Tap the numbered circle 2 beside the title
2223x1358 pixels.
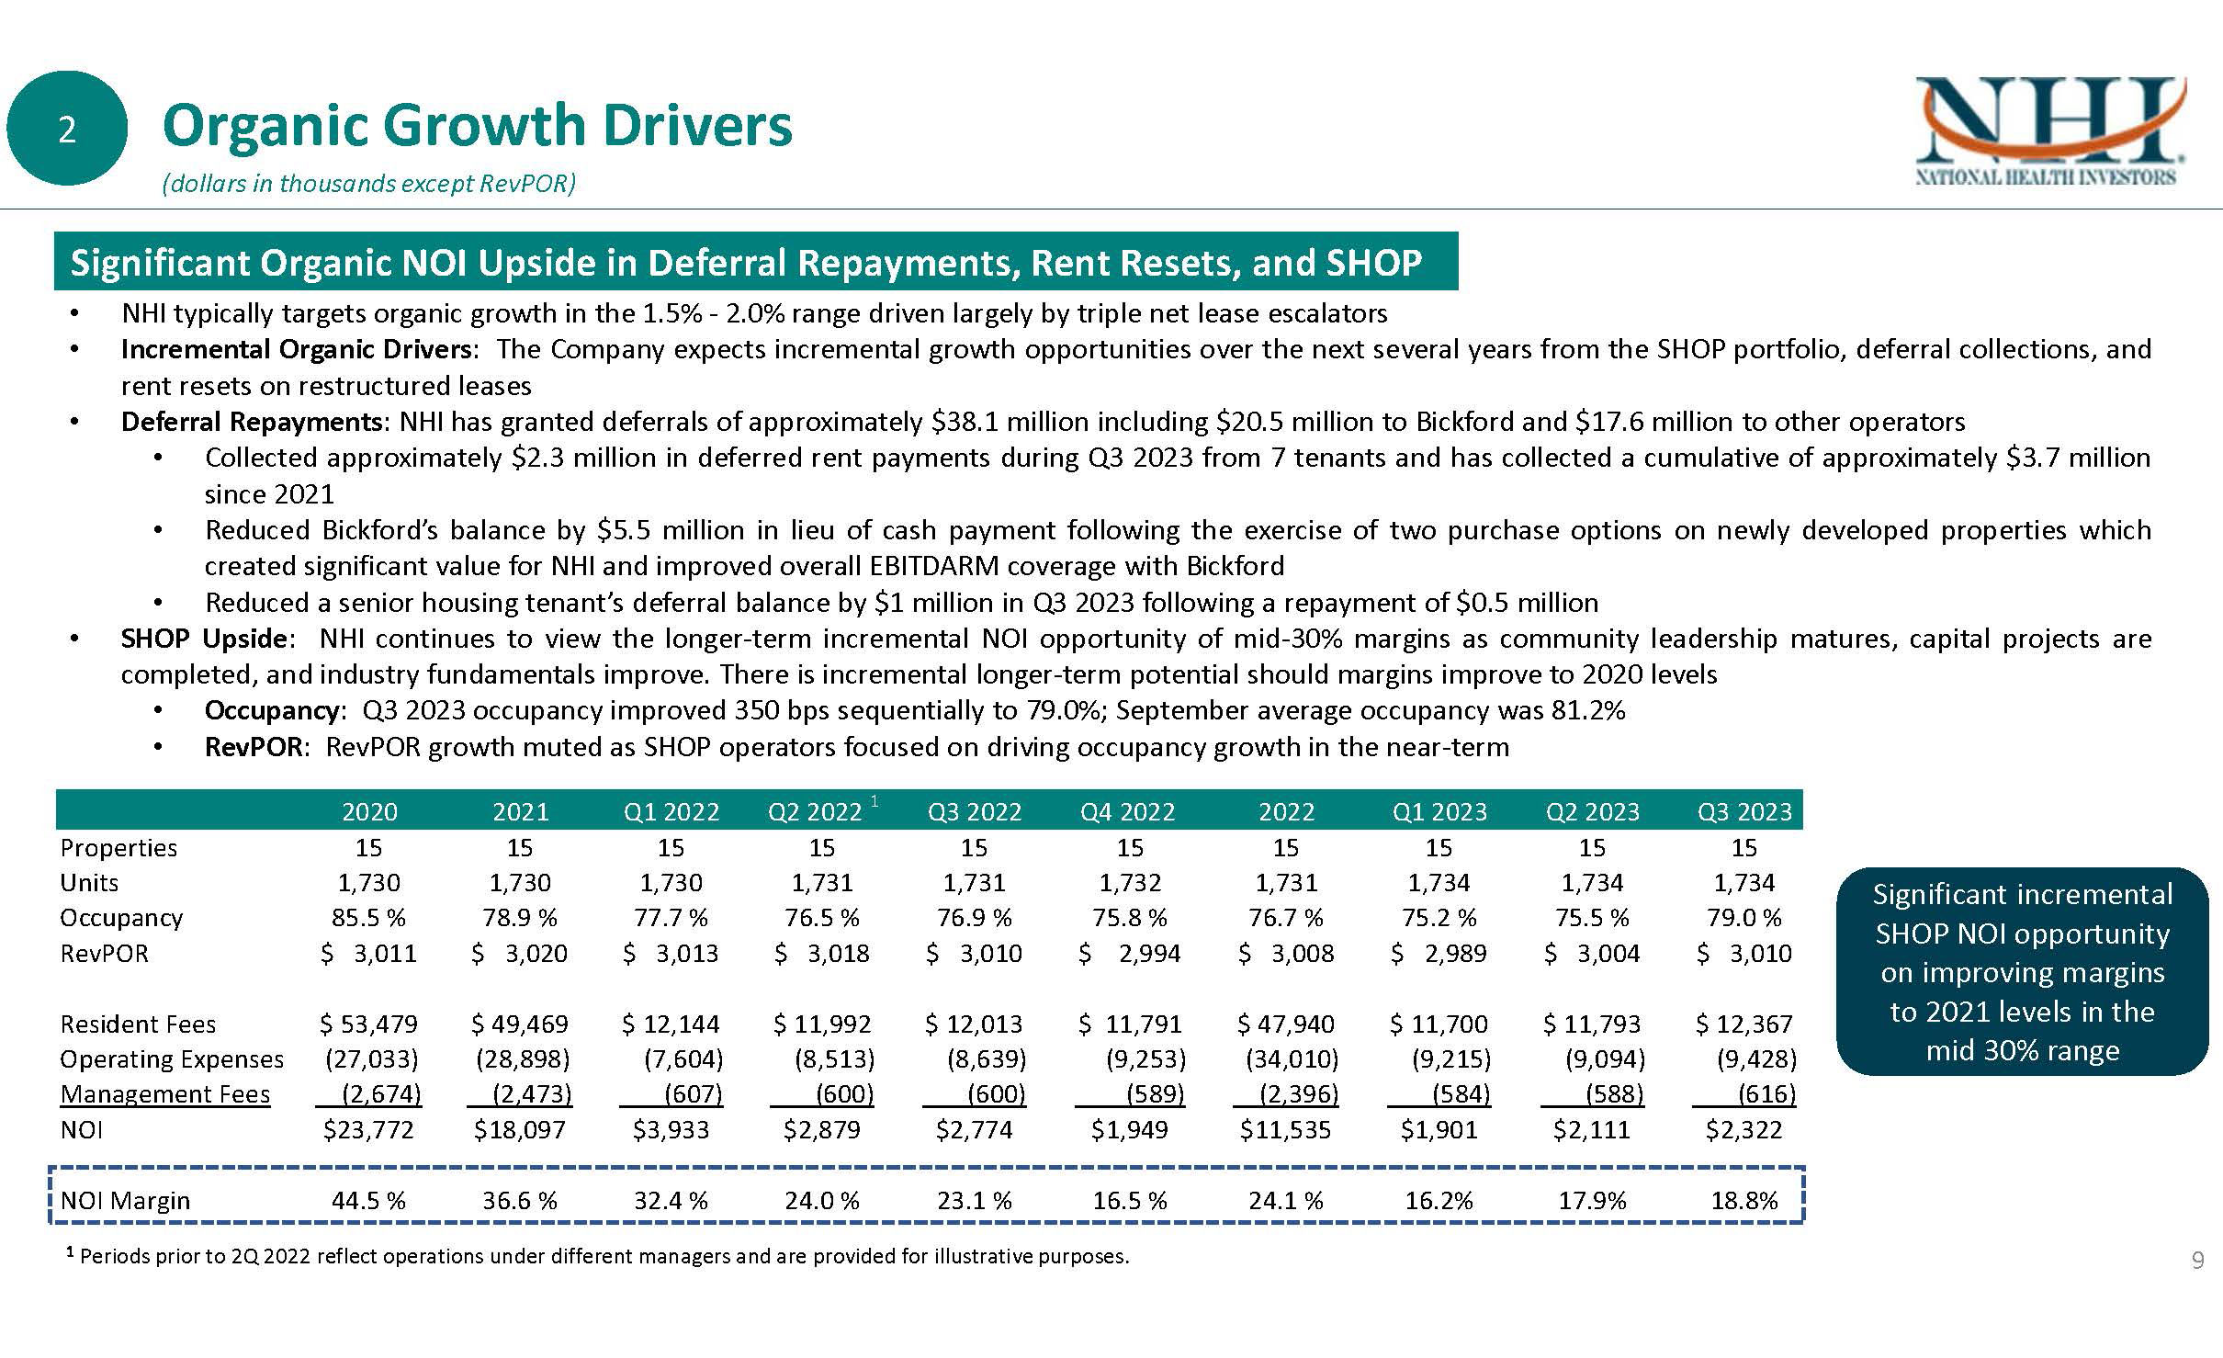pos(66,130)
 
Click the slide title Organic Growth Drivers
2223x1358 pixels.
pos(477,126)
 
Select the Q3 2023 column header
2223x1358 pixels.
pos(1743,811)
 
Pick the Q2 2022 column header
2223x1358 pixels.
pos(816,811)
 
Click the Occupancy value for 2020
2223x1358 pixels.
pos(368,918)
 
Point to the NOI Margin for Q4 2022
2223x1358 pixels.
pos(1130,1200)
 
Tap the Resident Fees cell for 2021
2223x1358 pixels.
pos(520,1024)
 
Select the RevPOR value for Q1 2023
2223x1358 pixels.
pos(1439,954)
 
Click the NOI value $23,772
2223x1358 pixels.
pos(368,1129)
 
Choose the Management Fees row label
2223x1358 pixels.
pos(165,1094)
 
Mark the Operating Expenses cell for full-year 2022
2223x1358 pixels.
pos(1292,1059)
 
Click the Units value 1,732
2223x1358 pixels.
pos(1130,883)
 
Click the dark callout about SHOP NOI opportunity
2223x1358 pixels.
pos(2022,971)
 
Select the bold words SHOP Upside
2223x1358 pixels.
pos(203,639)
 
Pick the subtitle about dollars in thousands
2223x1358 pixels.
pos(368,185)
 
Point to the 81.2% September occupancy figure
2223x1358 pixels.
pos(1586,710)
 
